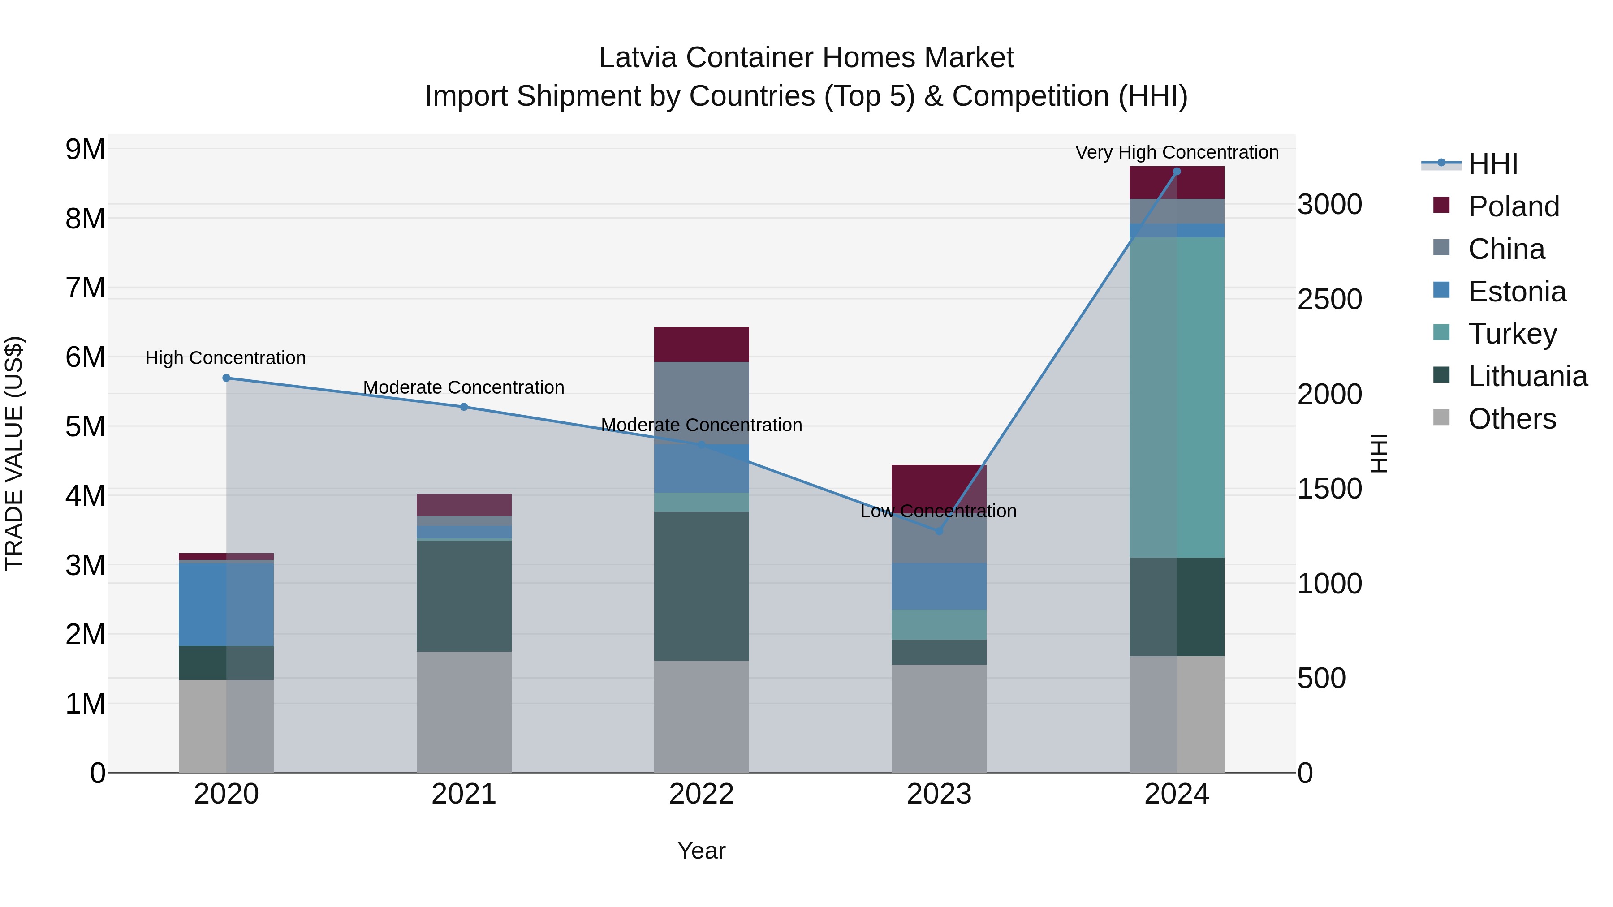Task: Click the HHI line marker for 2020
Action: [226, 378]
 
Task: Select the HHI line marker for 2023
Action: [939, 531]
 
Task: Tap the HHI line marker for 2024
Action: [1177, 172]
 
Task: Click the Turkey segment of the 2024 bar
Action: [1177, 397]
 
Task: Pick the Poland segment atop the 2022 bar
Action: [701, 344]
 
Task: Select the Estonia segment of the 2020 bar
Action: [226, 604]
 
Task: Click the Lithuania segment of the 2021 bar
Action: [464, 596]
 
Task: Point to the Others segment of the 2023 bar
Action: [939, 718]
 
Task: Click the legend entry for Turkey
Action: [1512, 334]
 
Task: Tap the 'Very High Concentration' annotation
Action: [1177, 152]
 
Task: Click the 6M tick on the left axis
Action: [85, 357]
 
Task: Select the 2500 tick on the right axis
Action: [1329, 299]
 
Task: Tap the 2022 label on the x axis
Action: [701, 794]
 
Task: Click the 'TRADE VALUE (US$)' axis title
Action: [14, 453]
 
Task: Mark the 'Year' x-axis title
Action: [701, 851]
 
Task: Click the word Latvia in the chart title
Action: [638, 58]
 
